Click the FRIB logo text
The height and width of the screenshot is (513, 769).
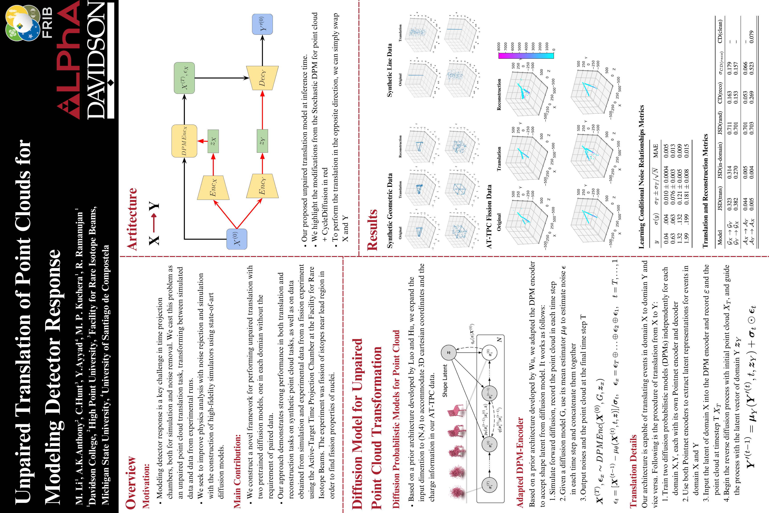point(47,23)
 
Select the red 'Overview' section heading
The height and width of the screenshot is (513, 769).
point(131,482)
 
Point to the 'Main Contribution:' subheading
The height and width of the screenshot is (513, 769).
point(238,471)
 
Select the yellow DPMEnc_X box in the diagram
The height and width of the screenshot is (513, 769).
point(184,141)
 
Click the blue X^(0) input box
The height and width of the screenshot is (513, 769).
point(237,239)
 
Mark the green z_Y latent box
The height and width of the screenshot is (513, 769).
point(262,141)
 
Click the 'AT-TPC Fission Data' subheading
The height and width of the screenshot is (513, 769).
point(489,216)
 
